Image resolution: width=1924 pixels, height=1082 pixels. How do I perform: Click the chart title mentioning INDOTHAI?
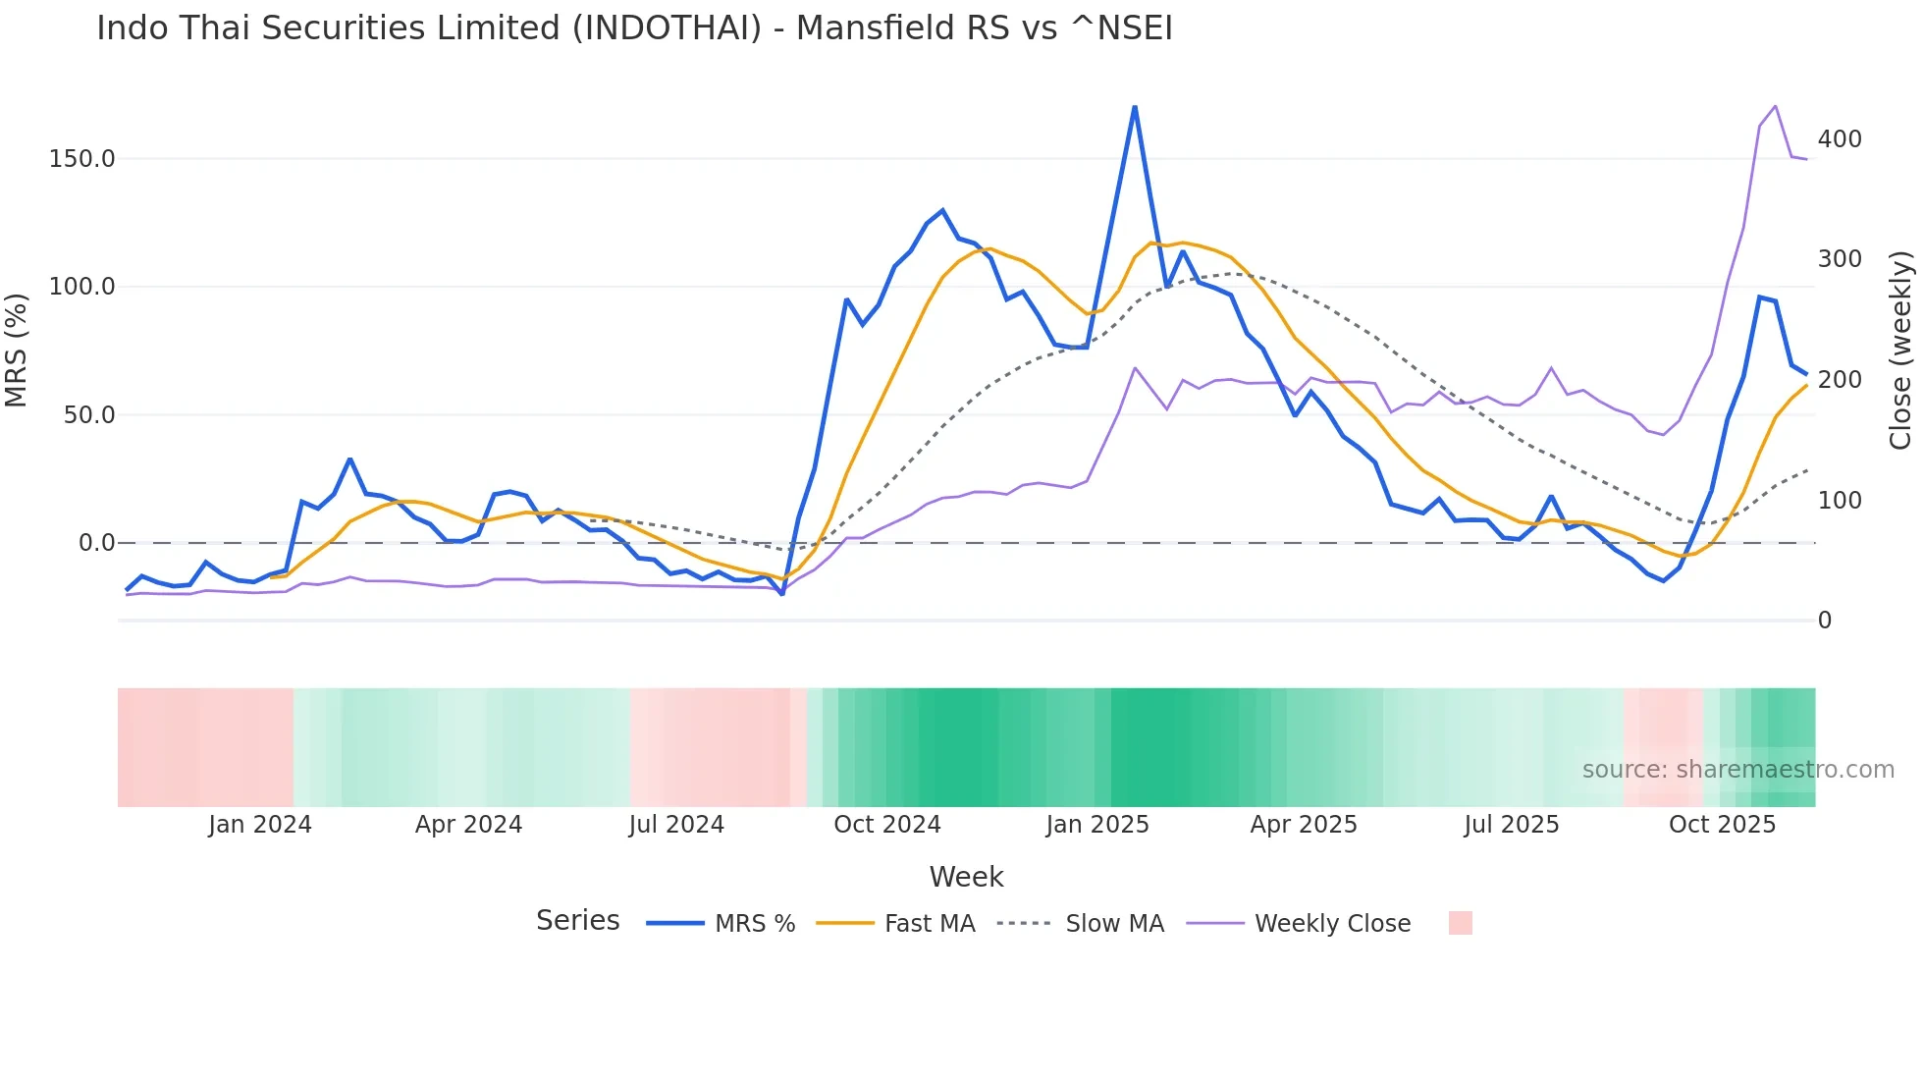(x=634, y=28)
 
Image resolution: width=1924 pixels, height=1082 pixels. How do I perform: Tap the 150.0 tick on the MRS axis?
(x=81, y=159)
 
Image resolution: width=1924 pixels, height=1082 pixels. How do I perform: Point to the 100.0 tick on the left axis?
(x=81, y=287)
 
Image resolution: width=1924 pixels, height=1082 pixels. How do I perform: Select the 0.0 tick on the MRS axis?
(x=96, y=543)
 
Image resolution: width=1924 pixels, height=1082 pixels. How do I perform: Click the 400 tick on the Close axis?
(x=1840, y=139)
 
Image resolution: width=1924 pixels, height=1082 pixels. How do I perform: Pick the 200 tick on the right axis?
(x=1840, y=380)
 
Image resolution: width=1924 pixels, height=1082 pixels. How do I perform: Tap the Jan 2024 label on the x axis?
(x=260, y=825)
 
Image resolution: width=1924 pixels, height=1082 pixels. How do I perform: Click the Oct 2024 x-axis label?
(x=887, y=825)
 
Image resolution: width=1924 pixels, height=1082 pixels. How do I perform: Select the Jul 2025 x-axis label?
(x=1512, y=825)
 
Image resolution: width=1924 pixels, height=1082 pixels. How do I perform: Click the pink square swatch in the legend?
(x=1460, y=923)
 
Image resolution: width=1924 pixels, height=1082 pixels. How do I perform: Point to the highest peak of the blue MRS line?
(x=1135, y=107)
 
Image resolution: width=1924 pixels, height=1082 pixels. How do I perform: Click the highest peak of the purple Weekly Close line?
(x=1775, y=106)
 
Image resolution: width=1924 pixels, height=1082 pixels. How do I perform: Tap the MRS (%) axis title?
(x=17, y=351)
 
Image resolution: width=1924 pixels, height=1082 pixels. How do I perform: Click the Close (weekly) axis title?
(x=1900, y=351)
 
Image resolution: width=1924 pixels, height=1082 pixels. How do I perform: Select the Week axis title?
(x=966, y=877)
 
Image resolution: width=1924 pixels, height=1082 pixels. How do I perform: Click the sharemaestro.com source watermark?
(x=1737, y=770)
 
